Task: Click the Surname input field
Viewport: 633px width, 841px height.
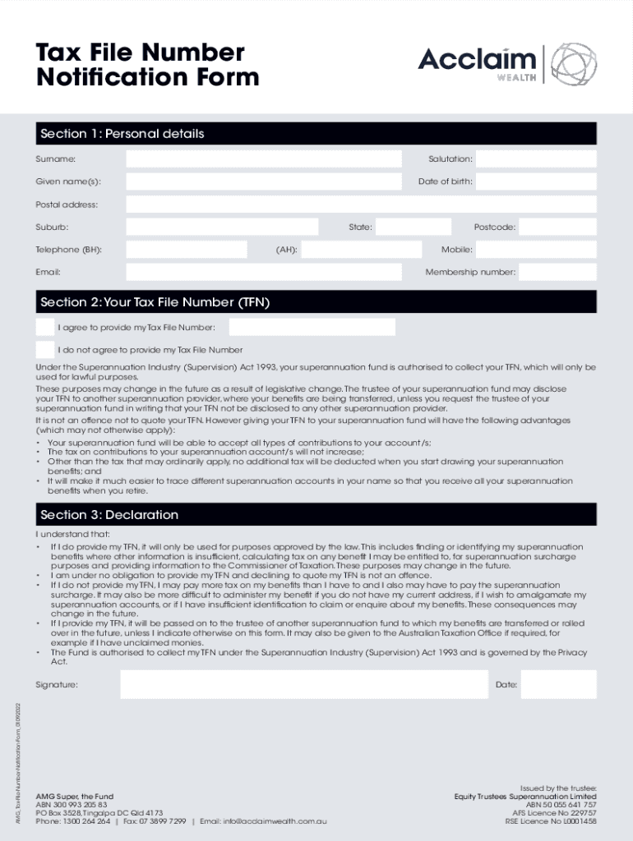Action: click(x=264, y=159)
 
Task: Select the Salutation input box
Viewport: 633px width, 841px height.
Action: click(x=536, y=159)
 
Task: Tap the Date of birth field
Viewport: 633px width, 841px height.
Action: click(x=536, y=182)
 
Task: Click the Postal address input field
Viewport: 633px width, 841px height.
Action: click(x=361, y=205)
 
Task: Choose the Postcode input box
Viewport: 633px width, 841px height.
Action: click(x=558, y=227)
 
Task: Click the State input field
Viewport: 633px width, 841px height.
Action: click(x=414, y=227)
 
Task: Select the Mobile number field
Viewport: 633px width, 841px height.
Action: click(x=536, y=250)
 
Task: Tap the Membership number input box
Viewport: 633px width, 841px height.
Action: click(x=558, y=272)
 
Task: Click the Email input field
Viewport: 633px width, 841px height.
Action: click(x=264, y=272)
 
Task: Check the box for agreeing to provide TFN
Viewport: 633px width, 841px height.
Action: click(x=45, y=327)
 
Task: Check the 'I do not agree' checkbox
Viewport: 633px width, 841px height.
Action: click(x=45, y=350)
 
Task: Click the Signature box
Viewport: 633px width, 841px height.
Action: click(x=303, y=684)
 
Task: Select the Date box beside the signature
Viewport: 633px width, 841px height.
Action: click(x=558, y=684)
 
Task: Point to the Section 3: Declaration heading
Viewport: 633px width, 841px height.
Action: click(x=109, y=515)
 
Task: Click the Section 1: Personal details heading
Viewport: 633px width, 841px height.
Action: click(x=122, y=134)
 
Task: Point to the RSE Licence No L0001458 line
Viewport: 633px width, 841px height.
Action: click(x=551, y=820)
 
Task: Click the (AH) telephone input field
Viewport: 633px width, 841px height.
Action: click(x=363, y=250)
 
